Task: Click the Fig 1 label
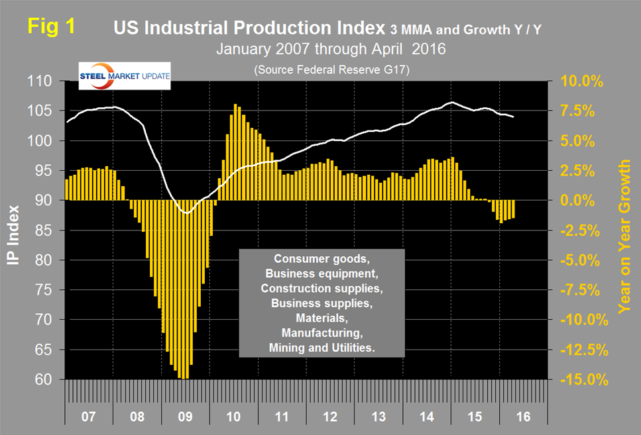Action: coord(52,28)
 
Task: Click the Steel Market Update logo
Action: coord(124,75)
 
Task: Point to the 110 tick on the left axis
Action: coord(46,81)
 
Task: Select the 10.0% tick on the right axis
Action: coord(581,81)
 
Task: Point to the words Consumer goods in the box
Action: coord(321,259)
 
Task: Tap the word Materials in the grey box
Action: coord(321,317)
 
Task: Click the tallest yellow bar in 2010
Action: coord(235,152)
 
